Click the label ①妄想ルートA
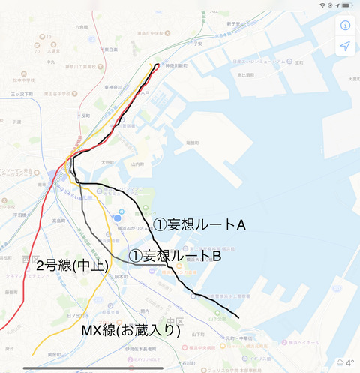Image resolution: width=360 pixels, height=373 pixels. point(200,224)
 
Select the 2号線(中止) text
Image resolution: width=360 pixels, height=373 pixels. point(72,265)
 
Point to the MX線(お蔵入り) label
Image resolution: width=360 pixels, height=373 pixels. point(130,329)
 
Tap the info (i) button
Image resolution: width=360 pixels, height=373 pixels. point(345,25)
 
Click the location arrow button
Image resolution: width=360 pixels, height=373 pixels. point(345,46)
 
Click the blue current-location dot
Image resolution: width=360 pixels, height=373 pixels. point(108,218)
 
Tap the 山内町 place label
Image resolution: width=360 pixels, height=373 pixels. point(136,164)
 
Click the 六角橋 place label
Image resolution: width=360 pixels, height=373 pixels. point(80,27)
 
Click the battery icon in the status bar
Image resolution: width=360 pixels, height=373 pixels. point(348,5)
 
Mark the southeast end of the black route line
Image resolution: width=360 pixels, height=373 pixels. point(238,318)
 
